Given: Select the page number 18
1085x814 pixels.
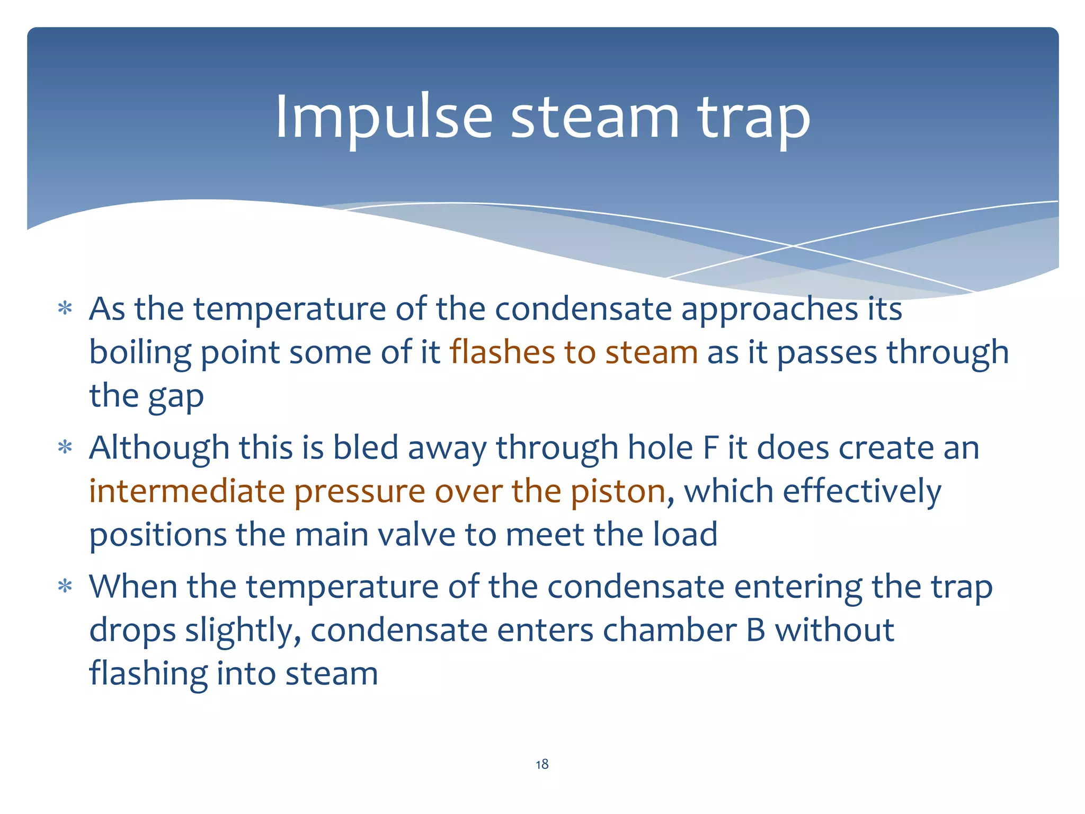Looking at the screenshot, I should (542, 764).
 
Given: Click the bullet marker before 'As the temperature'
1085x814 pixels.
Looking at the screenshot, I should (65, 308).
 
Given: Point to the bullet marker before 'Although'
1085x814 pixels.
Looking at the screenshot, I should (65, 448).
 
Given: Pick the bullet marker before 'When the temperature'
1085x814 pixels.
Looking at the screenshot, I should (65, 587).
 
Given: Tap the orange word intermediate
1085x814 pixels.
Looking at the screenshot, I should (186, 491).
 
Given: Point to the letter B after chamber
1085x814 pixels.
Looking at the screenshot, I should (755, 630).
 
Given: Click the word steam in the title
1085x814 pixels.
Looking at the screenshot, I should (594, 118).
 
